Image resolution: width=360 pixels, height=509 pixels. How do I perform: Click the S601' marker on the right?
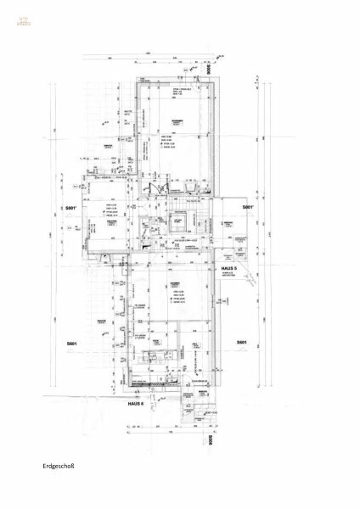(247, 207)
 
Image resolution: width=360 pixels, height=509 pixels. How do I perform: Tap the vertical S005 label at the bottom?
(209, 442)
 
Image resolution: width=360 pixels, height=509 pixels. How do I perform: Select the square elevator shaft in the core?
(179, 223)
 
